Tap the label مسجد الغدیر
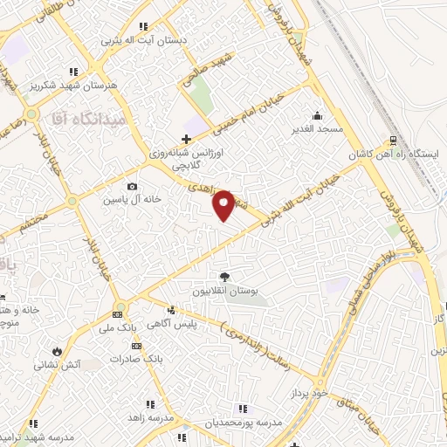point(316,129)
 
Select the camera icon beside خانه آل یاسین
point(132,186)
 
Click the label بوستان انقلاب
point(225,291)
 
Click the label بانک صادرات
point(140,359)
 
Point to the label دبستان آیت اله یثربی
point(138,40)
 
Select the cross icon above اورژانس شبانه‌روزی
point(185,139)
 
